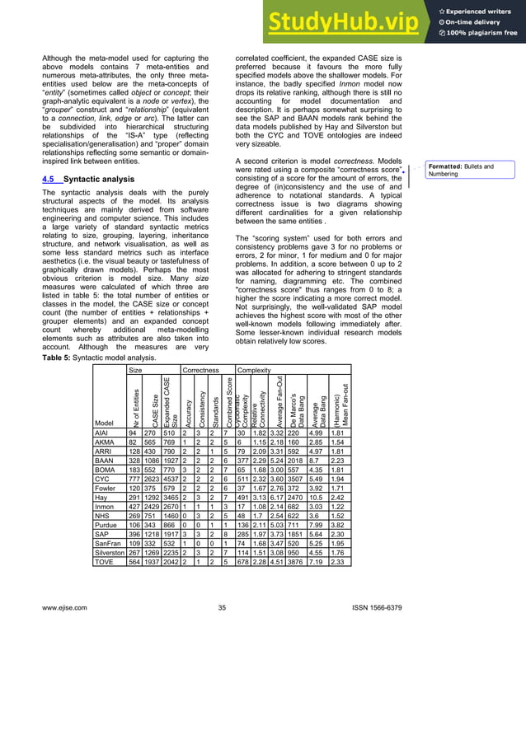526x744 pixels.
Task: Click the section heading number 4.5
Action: (x=49, y=178)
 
